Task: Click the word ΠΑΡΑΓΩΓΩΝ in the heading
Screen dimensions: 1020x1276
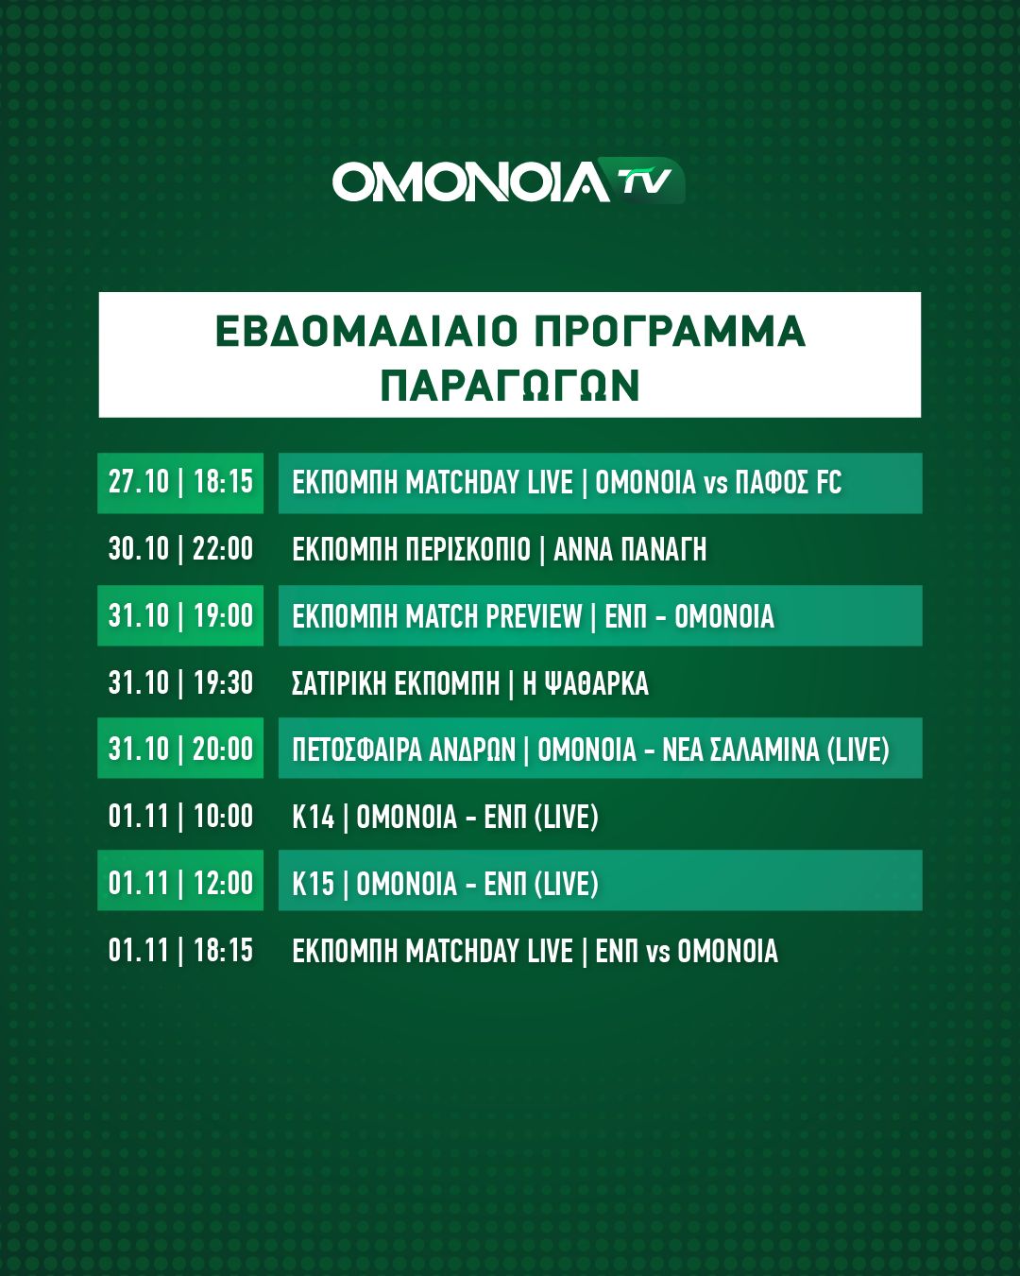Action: point(510,386)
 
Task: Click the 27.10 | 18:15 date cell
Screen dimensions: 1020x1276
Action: point(180,483)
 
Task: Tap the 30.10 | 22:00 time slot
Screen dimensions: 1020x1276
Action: point(180,549)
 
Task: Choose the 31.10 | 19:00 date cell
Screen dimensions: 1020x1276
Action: point(180,615)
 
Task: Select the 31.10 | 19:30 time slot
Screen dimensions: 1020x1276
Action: point(180,682)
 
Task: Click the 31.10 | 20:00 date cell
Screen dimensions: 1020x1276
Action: point(180,749)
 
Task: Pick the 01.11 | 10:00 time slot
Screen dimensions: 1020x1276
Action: point(180,816)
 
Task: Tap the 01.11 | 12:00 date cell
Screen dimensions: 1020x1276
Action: point(180,881)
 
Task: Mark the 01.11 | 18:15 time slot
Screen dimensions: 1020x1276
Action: point(180,949)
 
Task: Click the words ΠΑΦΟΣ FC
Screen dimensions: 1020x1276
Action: point(789,482)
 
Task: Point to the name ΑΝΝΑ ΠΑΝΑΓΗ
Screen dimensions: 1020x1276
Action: point(629,549)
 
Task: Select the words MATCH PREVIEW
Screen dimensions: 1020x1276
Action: point(494,616)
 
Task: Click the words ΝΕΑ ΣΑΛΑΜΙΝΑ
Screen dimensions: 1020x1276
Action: point(740,749)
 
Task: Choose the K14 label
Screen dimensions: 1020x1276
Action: point(313,817)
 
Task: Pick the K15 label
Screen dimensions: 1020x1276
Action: point(313,883)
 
